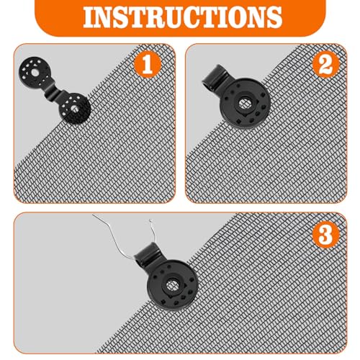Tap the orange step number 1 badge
pyautogui.click(x=148, y=65)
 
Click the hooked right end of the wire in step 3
pyautogui.click(x=150, y=220)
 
